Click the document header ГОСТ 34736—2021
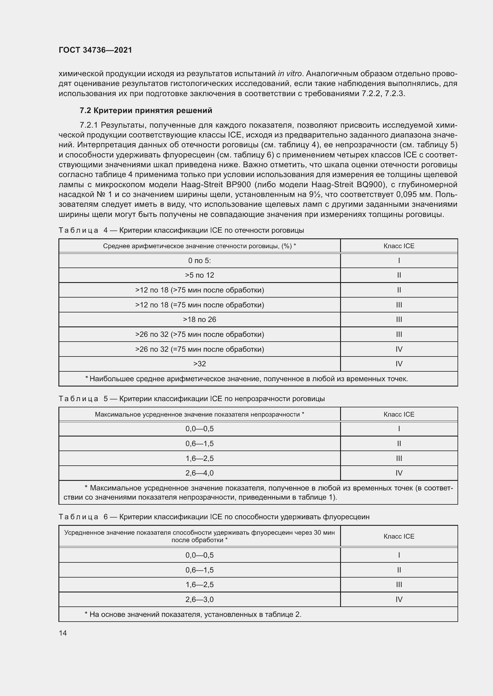coord(95,50)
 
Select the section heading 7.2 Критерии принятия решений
coord(146,111)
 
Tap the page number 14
coord(63,633)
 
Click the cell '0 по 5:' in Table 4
coord(199,260)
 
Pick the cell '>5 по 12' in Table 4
coord(199,275)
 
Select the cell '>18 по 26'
coord(199,320)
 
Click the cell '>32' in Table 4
coord(199,364)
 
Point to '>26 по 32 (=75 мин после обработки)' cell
coord(199,349)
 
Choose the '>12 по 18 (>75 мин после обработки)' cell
coord(199,290)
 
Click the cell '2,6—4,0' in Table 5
coord(199,473)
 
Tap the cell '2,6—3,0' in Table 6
coord(199,599)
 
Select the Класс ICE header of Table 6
coord(399,536)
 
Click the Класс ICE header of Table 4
coord(399,246)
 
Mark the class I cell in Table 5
coord(399,428)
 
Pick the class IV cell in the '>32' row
coord(399,364)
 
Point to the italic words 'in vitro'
coord(289,74)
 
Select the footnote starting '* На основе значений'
coord(193,614)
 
